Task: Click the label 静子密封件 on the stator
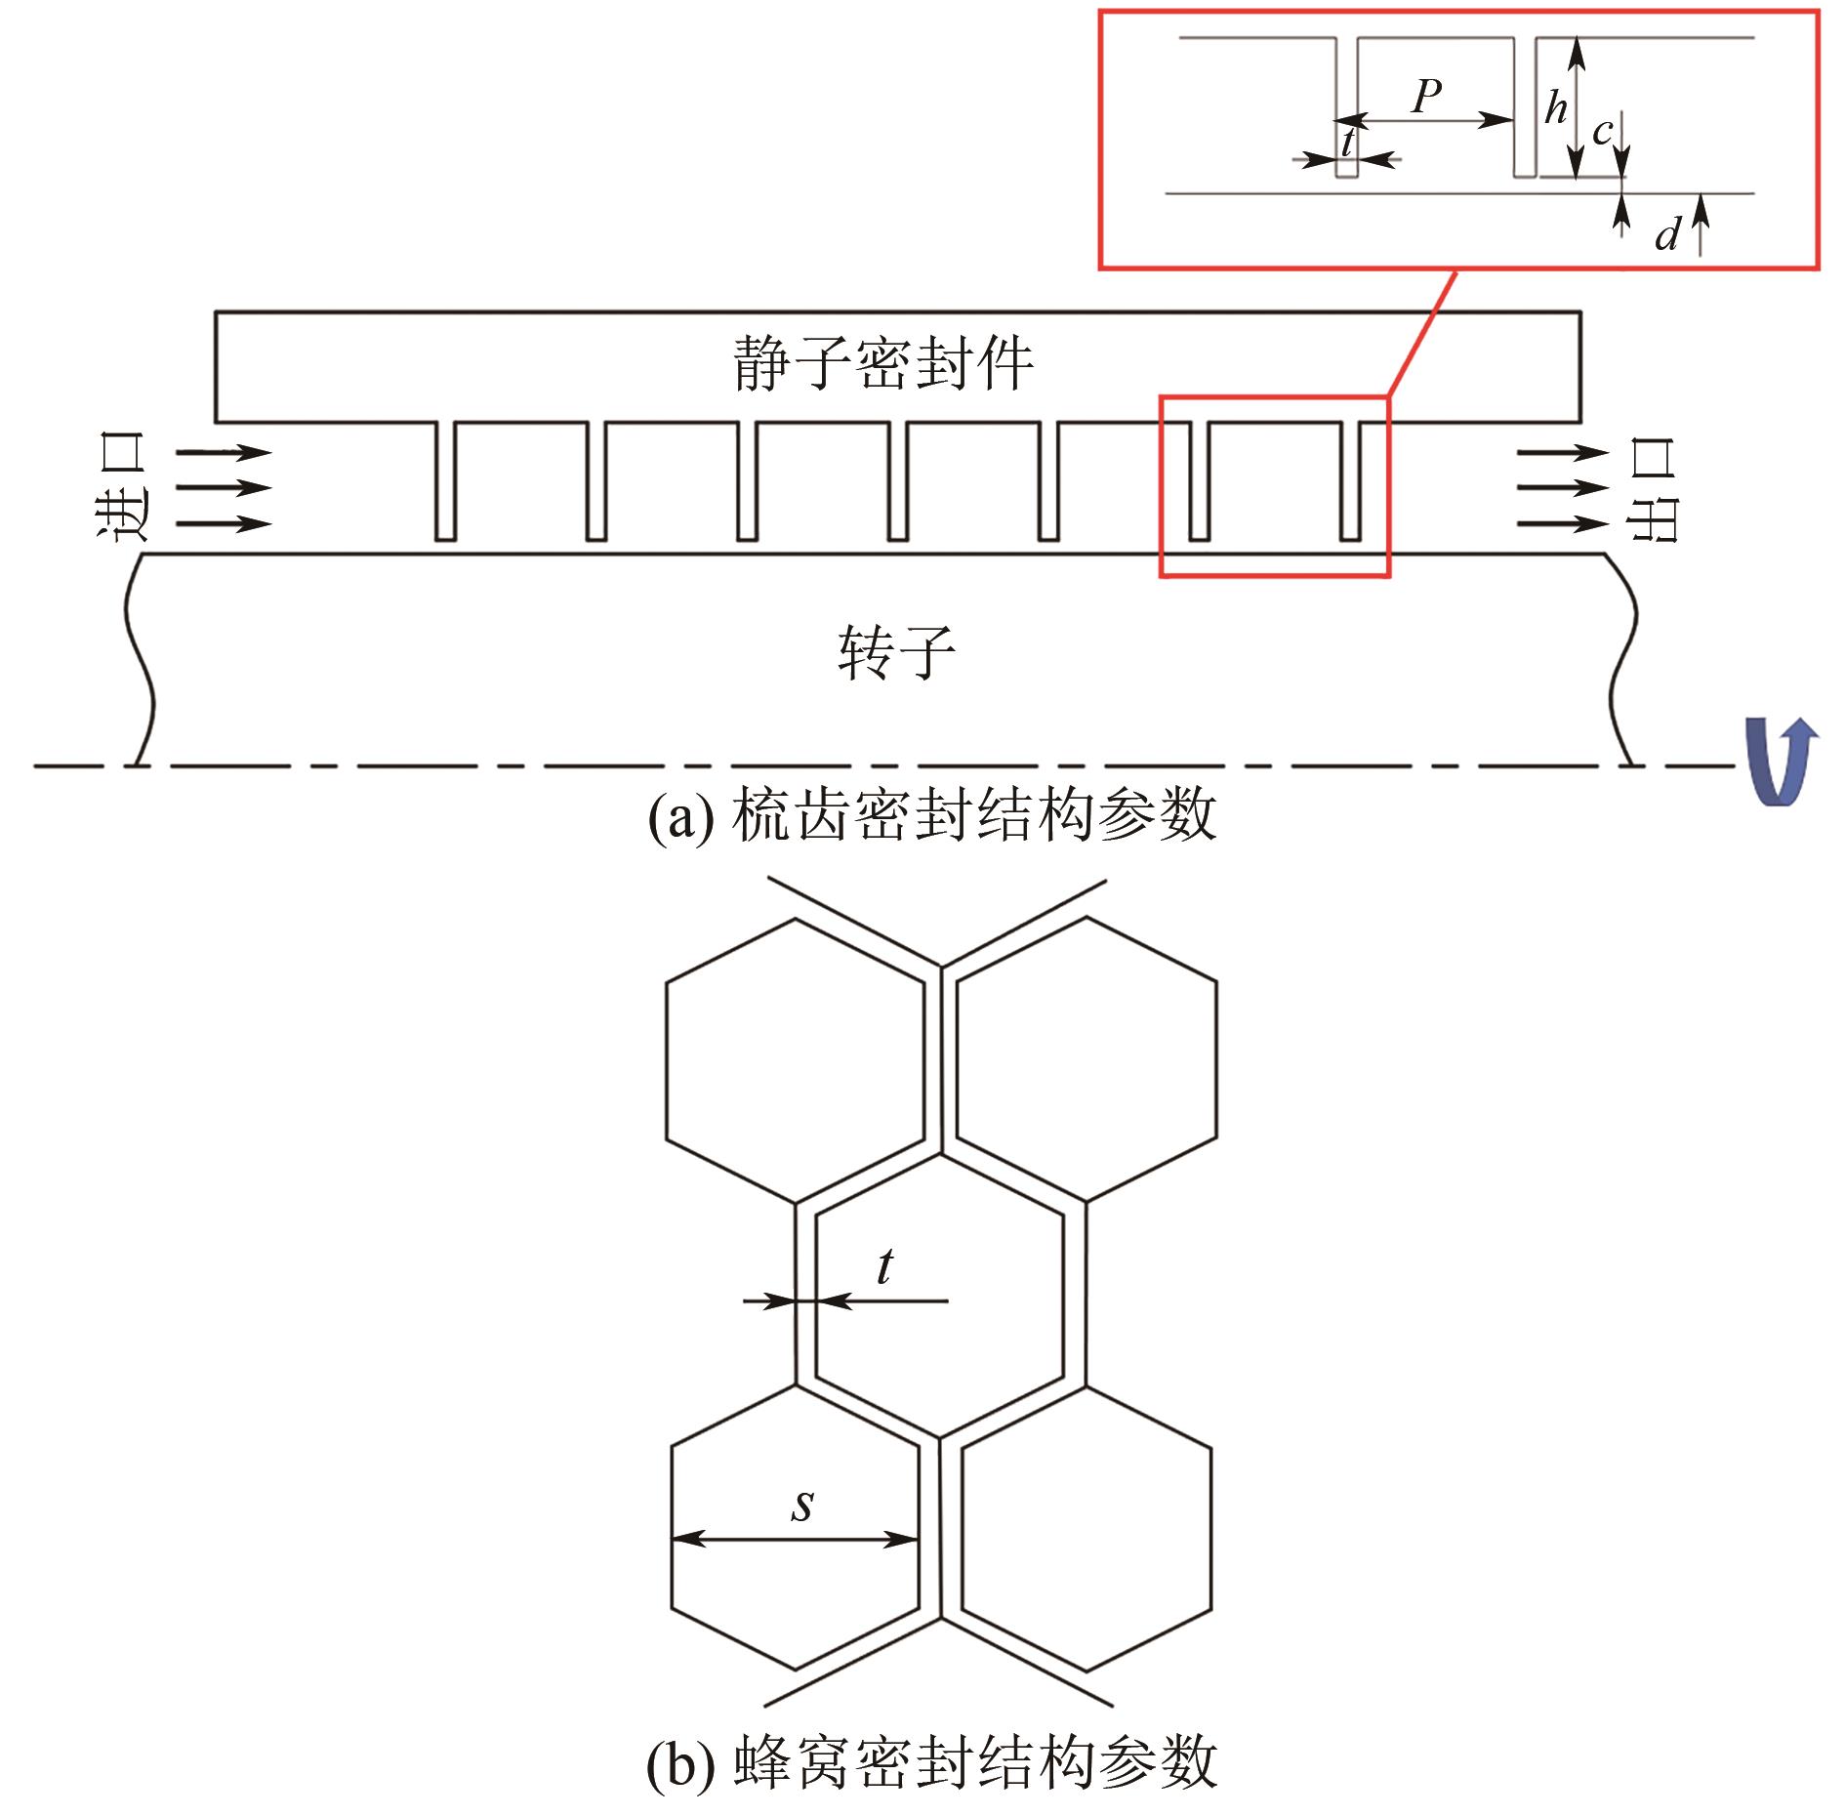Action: (882, 364)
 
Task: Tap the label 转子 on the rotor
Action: (896, 653)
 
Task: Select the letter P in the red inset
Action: (1427, 96)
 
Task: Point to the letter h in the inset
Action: (1555, 108)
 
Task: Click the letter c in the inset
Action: (1602, 132)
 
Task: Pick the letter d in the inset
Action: (1667, 234)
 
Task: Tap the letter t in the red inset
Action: (1348, 143)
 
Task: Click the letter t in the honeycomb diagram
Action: (884, 1267)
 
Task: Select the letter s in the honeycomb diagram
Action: (802, 1505)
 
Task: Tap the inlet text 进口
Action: (122, 487)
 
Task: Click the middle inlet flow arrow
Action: (224, 488)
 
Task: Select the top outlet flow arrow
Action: (1563, 452)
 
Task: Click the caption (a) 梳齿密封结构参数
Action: (932, 815)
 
